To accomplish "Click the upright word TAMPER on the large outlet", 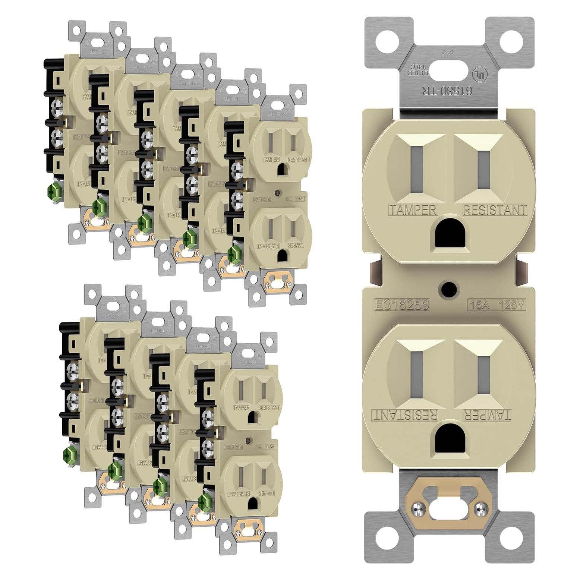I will click(413, 210).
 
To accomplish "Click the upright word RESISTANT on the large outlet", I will click(495, 210).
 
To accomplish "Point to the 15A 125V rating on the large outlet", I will click(497, 305).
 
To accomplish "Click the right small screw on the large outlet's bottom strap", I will click(482, 507).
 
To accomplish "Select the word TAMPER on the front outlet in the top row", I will click(271, 160).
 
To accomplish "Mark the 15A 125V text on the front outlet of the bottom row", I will click(266, 446).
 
